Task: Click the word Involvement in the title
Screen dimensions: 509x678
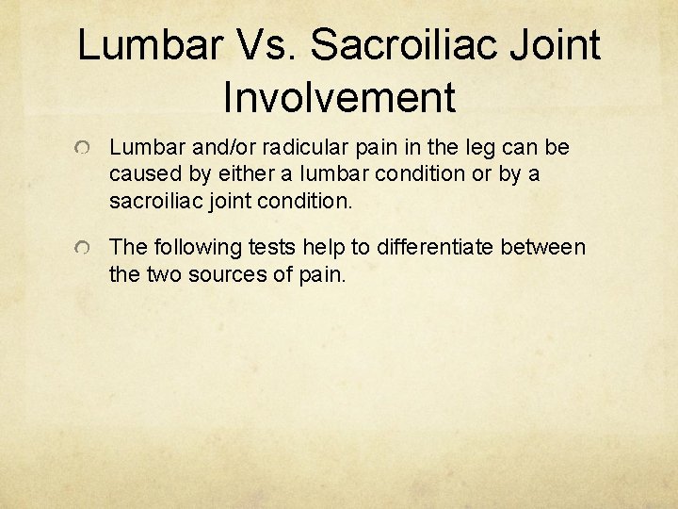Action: [x=339, y=96]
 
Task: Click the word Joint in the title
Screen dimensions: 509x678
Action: [x=557, y=44]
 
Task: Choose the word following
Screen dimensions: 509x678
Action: [x=190, y=248]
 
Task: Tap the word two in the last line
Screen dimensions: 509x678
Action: [x=161, y=274]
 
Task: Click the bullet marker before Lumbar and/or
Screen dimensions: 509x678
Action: [x=85, y=149]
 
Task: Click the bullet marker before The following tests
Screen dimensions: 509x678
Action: [x=85, y=249]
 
